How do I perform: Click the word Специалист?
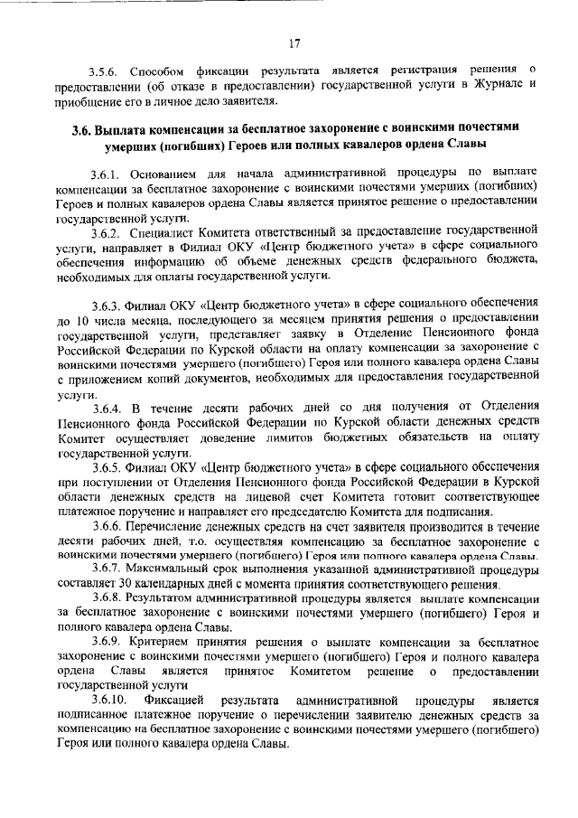[x=162, y=230]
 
